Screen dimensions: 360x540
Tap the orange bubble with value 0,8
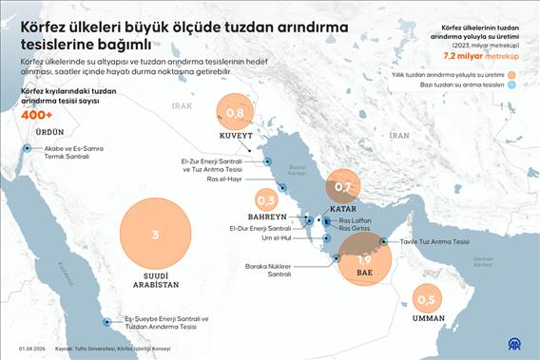pos(236,114)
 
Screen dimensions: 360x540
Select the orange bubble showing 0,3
pos(266,200)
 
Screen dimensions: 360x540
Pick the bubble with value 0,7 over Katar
pos(343,187)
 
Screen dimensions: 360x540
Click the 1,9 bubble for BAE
pos(364,258)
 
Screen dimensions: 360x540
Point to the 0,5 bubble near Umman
pos(426,300)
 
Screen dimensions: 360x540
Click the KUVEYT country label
pos(237,137)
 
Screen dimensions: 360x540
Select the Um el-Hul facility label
pos(274,239)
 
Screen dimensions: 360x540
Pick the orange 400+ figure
pos(37,114)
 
